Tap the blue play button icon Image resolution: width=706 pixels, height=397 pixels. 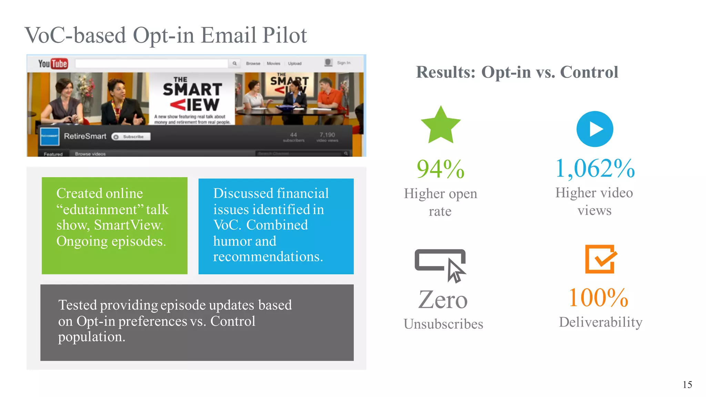[595, 129]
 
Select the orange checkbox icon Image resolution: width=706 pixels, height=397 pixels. [600, 259]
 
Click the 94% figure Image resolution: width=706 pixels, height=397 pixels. [441, 169]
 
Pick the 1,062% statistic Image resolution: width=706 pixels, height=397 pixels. [595, 169]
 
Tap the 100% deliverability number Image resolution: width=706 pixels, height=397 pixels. [598, 298]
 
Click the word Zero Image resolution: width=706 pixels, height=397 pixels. [443, 299]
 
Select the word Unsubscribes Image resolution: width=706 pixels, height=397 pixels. [443, 324]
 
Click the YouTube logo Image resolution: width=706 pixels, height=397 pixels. [53, 64]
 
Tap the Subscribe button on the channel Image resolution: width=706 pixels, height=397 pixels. [131, 137]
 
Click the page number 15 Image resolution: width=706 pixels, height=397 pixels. [687, 385]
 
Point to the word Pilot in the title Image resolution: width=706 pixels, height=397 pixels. [284, 35]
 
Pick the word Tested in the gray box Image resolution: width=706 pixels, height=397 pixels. [78, 305]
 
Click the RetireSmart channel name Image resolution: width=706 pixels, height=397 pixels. [85, 136]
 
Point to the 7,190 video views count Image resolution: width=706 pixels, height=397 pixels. [327, 135]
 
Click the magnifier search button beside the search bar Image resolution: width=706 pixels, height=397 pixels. [234, 63]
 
